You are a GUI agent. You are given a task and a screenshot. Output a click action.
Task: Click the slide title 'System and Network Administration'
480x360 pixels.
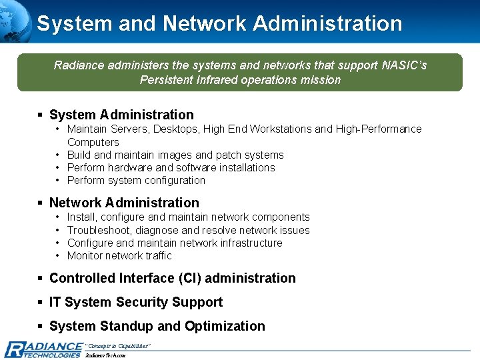point(219,23)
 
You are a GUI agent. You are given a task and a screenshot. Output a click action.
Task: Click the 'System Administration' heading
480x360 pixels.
point(121,115)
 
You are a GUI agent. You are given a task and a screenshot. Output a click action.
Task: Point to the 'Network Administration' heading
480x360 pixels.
point(124,203)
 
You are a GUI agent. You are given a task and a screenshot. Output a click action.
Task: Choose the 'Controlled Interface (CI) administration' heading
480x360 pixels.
point(172,278)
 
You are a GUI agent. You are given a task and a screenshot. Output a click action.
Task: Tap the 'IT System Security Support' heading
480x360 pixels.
point(135,302)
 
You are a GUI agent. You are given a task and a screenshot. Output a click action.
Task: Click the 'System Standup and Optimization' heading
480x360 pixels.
point(157,326)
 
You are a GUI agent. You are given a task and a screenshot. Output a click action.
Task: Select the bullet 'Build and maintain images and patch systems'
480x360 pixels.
point(175,155)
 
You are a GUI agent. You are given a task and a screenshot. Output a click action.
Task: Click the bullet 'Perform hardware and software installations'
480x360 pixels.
point(171,167)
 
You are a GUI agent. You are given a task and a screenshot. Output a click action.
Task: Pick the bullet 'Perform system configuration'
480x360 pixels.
point(136,180)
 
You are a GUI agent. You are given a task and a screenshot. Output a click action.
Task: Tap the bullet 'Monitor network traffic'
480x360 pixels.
point(119,255)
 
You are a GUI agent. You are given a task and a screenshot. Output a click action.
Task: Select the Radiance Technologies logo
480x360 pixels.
point(43,349)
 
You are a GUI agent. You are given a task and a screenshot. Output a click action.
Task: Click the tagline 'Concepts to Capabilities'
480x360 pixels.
point(118,345)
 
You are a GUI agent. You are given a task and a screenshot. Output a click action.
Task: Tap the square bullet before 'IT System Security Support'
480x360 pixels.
point(41,303)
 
